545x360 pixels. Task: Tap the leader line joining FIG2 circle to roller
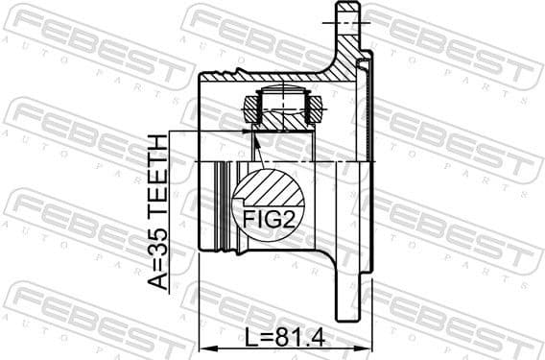257,149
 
